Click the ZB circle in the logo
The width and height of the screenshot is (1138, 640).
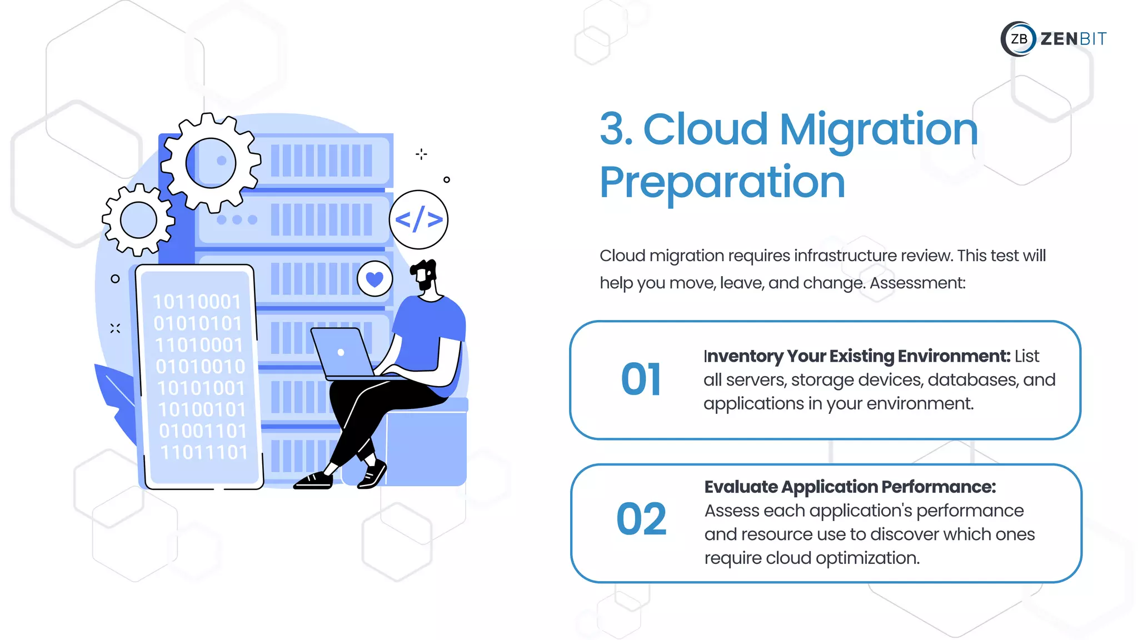point(1019,39)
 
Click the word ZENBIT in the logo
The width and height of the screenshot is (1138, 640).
point(1073,39)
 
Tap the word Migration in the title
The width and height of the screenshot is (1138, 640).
point(879,130)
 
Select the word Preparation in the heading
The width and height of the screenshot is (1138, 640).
point(722,182)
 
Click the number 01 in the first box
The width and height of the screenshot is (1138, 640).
point(641,380)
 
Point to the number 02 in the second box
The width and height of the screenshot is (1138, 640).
point(641,519)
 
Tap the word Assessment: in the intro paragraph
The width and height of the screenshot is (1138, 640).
point(917,283)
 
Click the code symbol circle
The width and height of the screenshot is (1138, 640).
point(418,219)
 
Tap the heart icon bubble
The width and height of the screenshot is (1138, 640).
point(375,279)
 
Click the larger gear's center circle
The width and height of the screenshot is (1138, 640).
point(211,163)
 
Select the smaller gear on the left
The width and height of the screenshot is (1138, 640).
point(138,220)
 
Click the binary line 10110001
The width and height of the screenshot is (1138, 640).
point(197,302)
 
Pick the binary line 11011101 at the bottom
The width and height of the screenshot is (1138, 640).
point(204,453)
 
